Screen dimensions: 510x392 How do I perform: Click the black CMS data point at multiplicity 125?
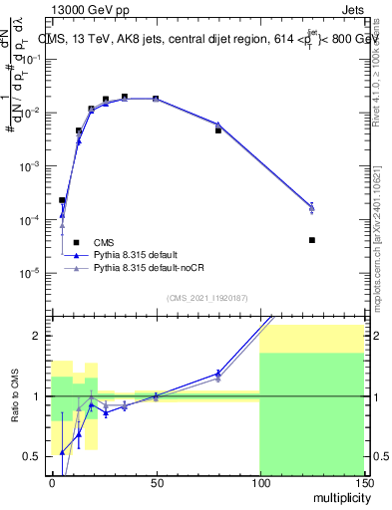312,240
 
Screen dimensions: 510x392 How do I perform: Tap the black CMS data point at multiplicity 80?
218,130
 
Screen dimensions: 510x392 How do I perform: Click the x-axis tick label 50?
156,482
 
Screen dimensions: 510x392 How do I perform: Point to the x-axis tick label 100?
259,482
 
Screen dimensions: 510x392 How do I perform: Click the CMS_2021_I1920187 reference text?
206,298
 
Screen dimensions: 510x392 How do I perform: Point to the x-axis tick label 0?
52,482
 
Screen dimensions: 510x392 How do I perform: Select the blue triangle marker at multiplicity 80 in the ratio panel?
218,374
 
